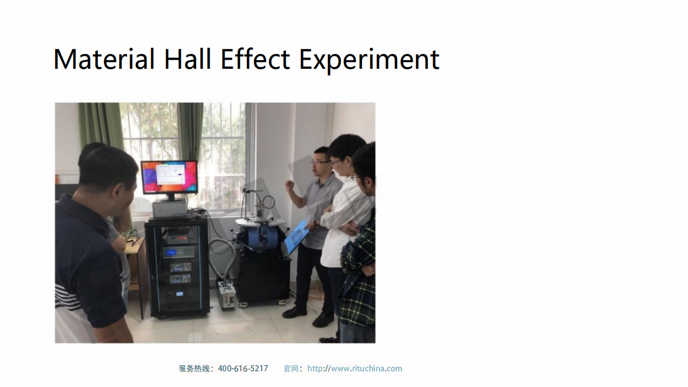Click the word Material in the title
click(104, 59)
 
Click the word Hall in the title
click(188, 59)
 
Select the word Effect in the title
click(255, 59)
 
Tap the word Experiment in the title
click(369, 60)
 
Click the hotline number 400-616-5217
click(243, 369)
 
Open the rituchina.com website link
click(355, 369)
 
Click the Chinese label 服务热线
click(194, 369)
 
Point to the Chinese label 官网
click(291, 369)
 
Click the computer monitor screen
click(169, 177)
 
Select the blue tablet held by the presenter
click(296, 237)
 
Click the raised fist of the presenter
click(289, 186)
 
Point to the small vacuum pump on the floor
click(226, 293)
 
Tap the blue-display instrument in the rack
click(178, 252)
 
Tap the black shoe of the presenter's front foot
click(294, 312)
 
